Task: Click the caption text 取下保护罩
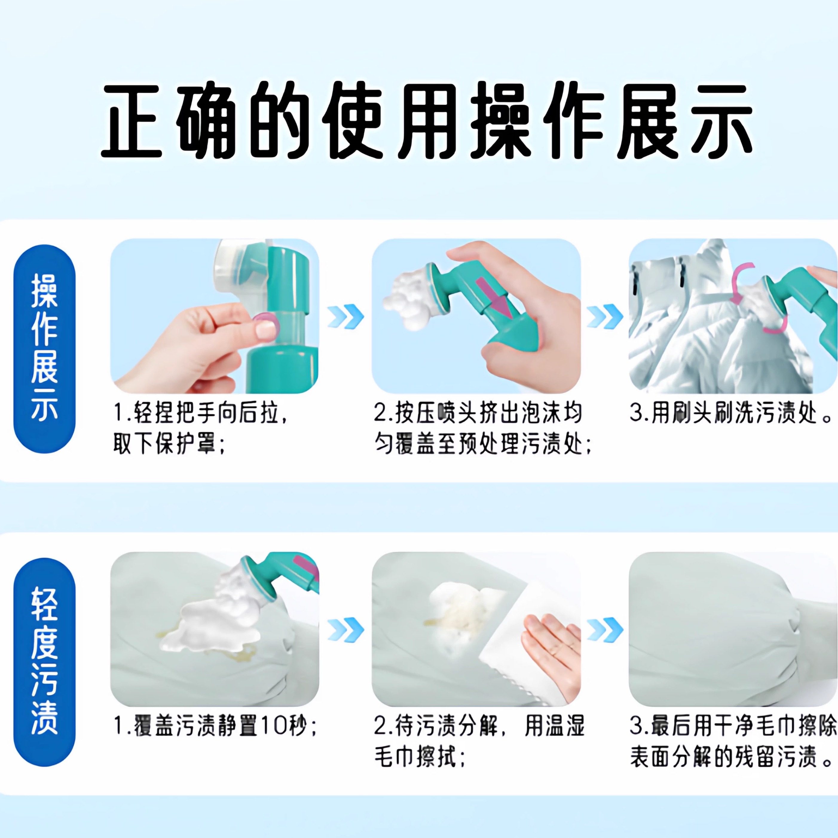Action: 169,445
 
